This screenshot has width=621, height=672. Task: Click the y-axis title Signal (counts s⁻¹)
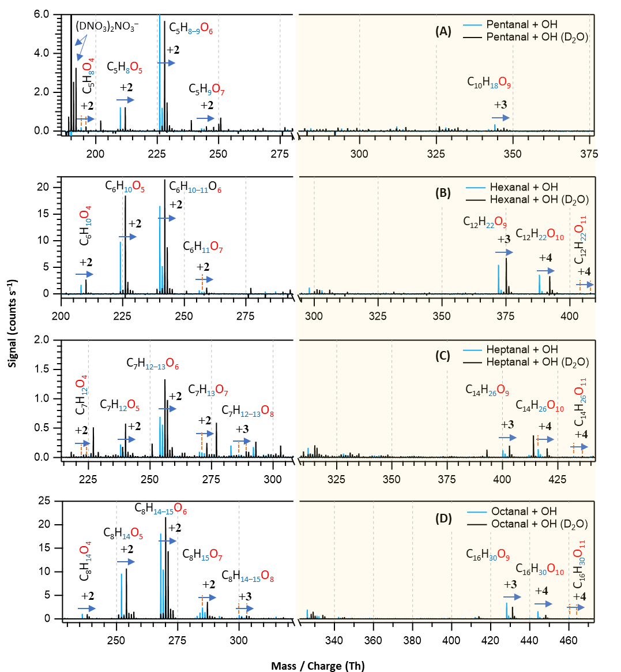pyautogui.click(x=13, y=323)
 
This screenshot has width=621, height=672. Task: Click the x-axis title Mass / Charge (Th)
pyautogui.click(x=318, y=666)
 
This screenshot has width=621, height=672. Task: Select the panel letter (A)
pyautogui.click(x=443, y=31)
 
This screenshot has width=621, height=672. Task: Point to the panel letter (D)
pyautogui.click(x=443, y=518)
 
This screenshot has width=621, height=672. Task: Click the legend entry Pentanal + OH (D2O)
pyautogui.click(x=537, y=37)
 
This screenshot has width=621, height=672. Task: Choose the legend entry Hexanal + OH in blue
pyautogui.click(x=524, y=187)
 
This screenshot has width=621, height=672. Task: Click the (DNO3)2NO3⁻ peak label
pyautogui.click(x=107, y=27)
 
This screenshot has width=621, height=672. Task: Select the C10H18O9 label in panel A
pyautogui.click(x=489, y=83)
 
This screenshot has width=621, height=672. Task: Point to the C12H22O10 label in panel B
pyautogui.click(x=540, y=234)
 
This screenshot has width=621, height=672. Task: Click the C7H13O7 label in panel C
pyautogui.click(x=208, y=391)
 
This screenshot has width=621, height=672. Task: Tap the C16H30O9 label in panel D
pyautogui.click(x=488, y=555)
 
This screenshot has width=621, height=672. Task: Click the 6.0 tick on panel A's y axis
pyautogui.click(x=42, y=14)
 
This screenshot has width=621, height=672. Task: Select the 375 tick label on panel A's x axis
pyautogui.click(x=589, y=154)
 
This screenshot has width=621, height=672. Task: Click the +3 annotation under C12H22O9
pyautogui.click(x=503, y=240)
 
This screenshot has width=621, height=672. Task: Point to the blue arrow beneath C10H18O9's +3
pyautogui.click(x=500, y=118)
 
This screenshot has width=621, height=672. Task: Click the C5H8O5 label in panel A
pyautogui.click(x=125, y=68)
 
